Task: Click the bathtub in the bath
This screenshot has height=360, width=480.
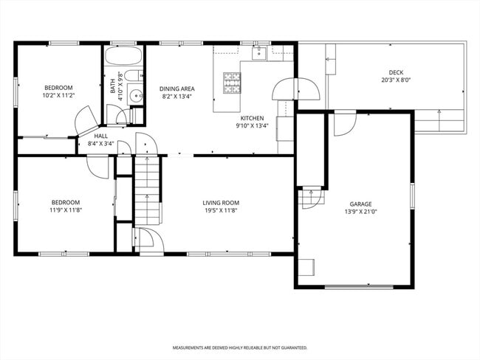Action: point(123,55)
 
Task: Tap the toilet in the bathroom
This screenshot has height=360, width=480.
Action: point(134,75)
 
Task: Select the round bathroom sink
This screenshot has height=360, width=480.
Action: point(135,96)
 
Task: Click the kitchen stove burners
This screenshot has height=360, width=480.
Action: point(232,83)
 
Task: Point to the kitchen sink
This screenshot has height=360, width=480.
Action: point(259,53)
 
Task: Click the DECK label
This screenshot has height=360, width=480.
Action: point(396,72)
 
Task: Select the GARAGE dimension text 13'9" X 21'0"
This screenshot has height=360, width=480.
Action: point(360,211)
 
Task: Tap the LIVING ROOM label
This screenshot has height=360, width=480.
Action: point(221,203)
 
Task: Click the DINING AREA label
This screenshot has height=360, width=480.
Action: point(177,89)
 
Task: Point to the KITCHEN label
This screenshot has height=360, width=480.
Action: point(252,118)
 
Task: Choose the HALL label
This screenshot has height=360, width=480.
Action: point(100,136)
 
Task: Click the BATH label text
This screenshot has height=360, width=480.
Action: point(113,86)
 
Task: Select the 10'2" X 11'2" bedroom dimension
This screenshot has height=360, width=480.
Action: point(59,95)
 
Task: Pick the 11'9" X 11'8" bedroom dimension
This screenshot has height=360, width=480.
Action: point(66,210)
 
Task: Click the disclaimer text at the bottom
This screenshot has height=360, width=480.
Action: point(240,347)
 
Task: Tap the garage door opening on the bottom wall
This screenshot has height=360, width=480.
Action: point(359,287)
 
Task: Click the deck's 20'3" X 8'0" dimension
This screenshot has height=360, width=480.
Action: point(396,80)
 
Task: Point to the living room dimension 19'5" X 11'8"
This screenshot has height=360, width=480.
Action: point(221,210)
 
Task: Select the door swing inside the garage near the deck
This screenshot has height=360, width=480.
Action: point(345,125)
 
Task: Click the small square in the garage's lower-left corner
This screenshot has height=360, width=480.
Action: point(306,267)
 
